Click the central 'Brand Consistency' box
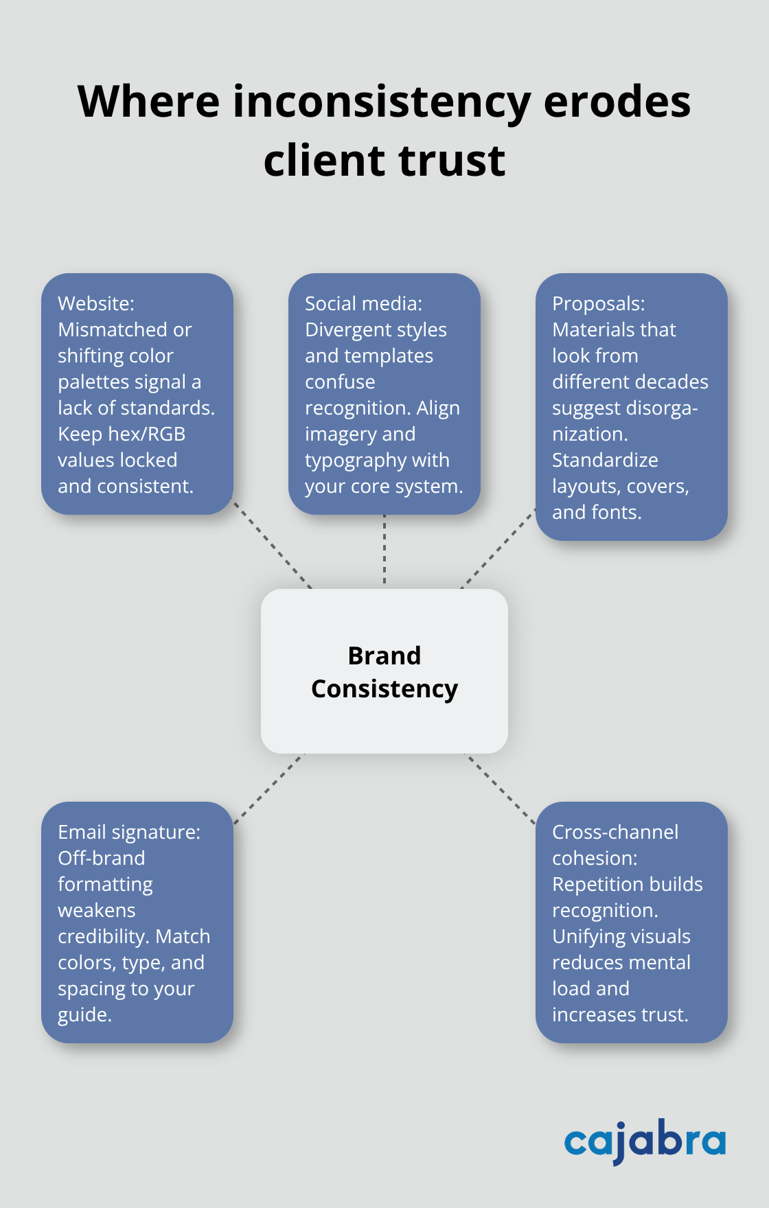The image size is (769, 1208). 384,671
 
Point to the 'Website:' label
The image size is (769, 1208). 96,303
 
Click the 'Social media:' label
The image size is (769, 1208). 363,303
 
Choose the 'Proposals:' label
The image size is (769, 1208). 598,303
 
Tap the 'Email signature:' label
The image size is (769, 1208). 129,832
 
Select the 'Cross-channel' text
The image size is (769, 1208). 615,832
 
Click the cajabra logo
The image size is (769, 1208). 645,1141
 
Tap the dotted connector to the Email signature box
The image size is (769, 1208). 268,789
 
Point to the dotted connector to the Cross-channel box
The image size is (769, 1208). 500,788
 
